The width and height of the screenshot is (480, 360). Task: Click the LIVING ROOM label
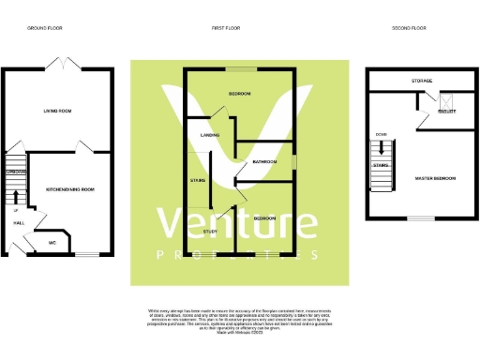(x=57, y=111)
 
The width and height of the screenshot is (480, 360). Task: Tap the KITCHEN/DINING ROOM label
(x=70, y=189)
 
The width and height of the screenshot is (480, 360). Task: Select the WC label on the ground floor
(x=53, y=241)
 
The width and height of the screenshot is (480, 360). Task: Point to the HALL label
(x=19, y=223)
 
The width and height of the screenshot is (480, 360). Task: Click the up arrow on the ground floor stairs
(x=16, y=196)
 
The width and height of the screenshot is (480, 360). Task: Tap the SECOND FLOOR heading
(x=409, y=29)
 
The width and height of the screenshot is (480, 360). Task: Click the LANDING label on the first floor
(x=210, y=135)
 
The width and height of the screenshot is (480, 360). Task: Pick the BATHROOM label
(x=263, y=162)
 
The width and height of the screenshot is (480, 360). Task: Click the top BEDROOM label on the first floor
(x=241, y=95)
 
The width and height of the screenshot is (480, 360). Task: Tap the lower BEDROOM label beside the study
(x=265, y=217)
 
